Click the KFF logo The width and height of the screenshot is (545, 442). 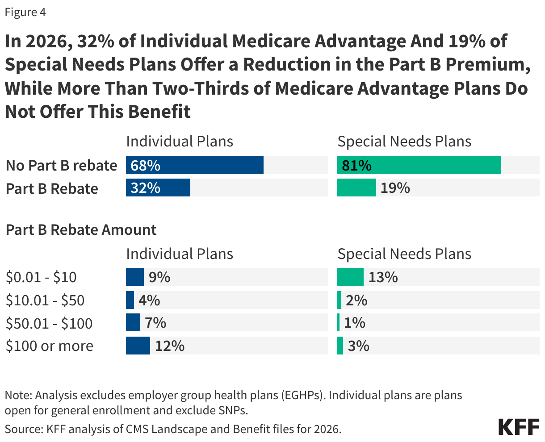(519, 427)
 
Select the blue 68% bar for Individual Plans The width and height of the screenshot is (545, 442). (194, 165)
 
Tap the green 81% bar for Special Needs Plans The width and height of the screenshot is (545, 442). (419, 165)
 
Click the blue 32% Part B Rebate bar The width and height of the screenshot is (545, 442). (158, 188)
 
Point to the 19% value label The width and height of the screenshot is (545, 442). (395, 188)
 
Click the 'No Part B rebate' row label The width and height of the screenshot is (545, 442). (61, 166)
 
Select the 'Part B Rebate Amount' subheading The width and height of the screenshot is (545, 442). (81, 230)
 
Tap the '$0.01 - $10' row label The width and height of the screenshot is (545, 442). (41, 277)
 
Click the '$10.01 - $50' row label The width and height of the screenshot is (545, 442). (45, 300)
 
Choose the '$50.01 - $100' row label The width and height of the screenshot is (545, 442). (49, 323)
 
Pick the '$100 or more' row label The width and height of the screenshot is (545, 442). (49, 346)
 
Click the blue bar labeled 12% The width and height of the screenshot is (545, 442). (138, 346)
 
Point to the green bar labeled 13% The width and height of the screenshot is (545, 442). (350, 277)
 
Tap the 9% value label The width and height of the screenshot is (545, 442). (159, 277)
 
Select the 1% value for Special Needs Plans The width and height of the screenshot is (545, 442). (355, 323)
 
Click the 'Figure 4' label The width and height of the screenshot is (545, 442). (25, 13)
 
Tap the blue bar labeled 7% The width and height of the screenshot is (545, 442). (133, 323)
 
